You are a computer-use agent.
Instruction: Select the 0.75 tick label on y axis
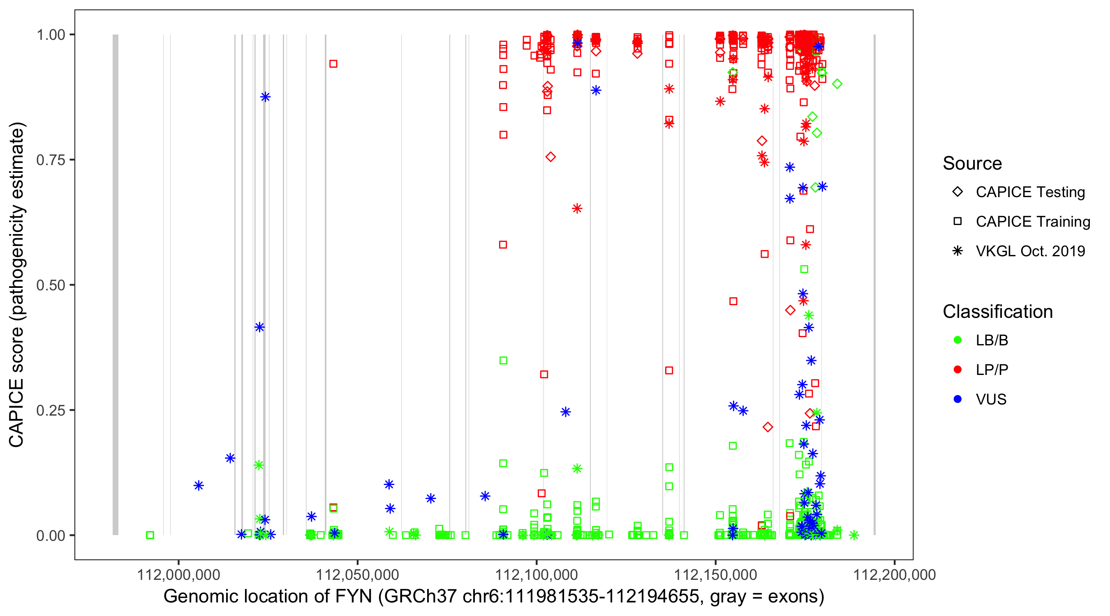point(50,160)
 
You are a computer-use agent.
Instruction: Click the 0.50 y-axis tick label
point(50,285)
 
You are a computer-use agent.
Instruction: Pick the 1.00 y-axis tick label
point(50,34)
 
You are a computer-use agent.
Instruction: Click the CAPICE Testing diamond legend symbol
point(957,191)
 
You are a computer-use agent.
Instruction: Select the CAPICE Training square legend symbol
point(957,221)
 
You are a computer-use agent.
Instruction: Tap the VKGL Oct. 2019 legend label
point(1030,251)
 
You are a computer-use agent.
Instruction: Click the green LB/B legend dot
point(957,340)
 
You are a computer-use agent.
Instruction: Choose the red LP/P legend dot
point(957,370)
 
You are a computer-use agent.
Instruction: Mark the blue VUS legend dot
point(957,400)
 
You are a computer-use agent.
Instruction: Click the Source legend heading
point(972,163)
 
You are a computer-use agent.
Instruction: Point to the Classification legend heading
point(997,312)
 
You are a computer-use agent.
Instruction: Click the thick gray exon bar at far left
point(116,284)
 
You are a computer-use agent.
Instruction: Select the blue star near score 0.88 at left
point(266,97)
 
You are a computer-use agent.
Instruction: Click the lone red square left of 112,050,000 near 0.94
point(333,64)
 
